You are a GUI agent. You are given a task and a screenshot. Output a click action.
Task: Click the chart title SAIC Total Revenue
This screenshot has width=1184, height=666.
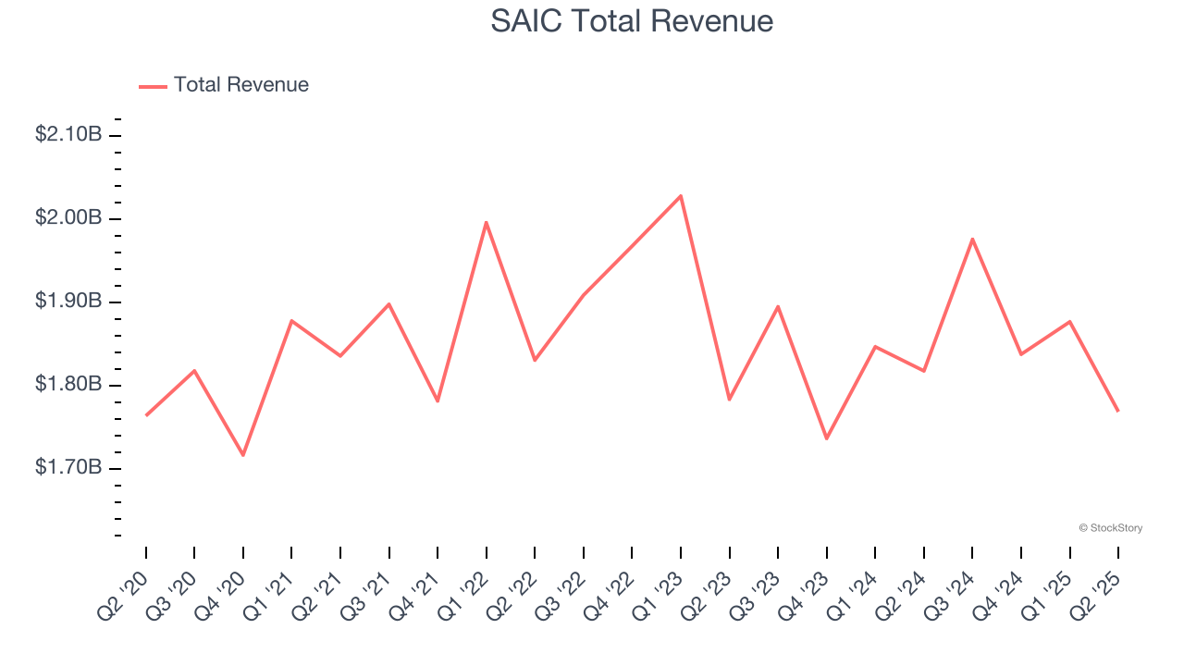pyautogui.click(x=632, y=21)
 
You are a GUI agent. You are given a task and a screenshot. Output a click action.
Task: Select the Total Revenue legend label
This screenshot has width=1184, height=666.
pyautogui.click(x=241, y=85)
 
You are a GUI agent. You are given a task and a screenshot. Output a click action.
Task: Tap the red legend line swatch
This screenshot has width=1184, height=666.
pyautogui.click(x=153, y=86)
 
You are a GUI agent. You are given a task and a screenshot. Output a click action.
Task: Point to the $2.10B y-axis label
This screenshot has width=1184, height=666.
pyautogui.click(x=68, y=135)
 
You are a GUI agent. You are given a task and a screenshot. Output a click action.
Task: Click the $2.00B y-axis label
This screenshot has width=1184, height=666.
pyautogui.click(x=68, y=218)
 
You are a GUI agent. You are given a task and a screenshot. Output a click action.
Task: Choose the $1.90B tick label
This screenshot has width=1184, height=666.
pyautogui.click(x=68, y=302)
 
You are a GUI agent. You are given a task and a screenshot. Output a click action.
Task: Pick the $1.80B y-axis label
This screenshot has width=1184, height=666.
pyautogui.click(x=68, y=385)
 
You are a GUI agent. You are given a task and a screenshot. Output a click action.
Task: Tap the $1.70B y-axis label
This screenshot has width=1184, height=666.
pyautogui.click(x=68, y=468)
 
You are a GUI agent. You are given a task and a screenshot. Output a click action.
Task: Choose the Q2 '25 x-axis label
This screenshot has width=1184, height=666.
pyautogui.click(x=1098, y=594)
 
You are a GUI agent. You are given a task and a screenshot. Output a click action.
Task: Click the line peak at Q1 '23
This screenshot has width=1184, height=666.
pyautogui.click(x=681, y=195)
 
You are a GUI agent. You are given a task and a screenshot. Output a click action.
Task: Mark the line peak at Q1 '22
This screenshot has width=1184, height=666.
pyautogui.click(x=486, y=222)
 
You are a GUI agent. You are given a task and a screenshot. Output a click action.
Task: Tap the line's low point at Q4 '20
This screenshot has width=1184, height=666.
pyautogui.click(x=243, y=455)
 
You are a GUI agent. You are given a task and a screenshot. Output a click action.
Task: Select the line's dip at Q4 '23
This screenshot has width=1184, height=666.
pyautogui.click(x=826, y=438)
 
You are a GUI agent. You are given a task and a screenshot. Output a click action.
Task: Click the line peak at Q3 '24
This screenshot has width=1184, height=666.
pyautogui.click(x=972, y=239)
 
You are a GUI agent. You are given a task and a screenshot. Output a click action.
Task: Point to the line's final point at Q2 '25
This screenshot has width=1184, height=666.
pyautogui.click(x=1118, y=411)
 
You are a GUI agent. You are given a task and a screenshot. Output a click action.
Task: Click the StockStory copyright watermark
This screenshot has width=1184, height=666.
pyautogui.click(x=1110, y=528)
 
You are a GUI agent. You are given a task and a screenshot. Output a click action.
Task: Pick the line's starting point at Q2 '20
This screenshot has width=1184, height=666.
pyautogui.click(x=146, y=415)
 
